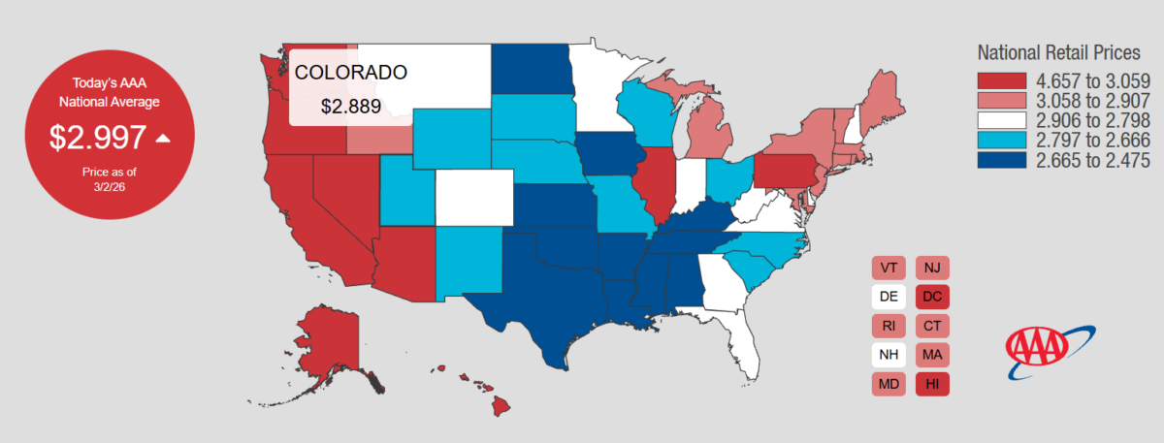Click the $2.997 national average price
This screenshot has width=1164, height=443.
pyautogui.click(x=98, y=138)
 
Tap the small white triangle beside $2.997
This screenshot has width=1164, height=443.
pyautogui.click(x=163, y=139)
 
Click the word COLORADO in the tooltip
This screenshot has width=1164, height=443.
pyautogui.click(x=350, y=73)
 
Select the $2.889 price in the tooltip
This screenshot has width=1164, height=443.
pyautogui.click(x=351, y=106)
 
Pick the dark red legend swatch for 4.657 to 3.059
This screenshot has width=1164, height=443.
pyautogui.click(x=1006, y=80)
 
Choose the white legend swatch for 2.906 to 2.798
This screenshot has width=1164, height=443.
pyautogui.click(x=1006, y=120)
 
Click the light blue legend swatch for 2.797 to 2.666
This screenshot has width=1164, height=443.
pyautogui.click(x=1006, y=140)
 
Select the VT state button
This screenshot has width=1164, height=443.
pyautogui.click(x=888, y=267)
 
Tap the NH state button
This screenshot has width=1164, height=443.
pyautogui.click(x=888, y=355)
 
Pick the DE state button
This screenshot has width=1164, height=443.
pyautogui.click(x=888, y=296)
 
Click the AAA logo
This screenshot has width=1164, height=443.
pyautogui.click(x=1039, y=352)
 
